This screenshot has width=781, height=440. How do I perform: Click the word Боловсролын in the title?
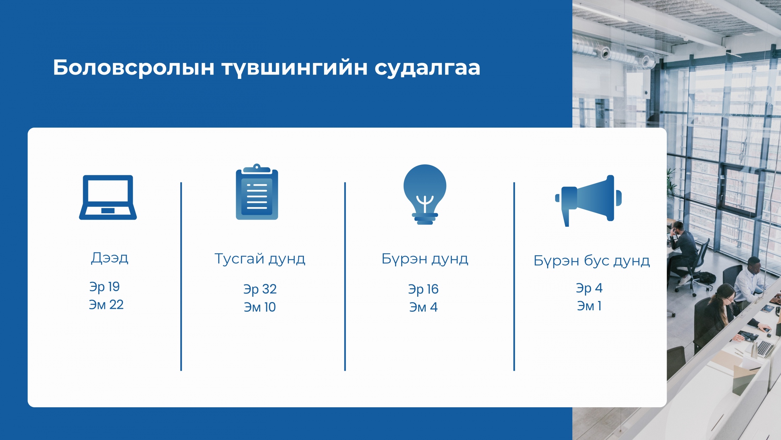(134, 68)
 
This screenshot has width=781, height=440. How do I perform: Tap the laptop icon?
(108, 197)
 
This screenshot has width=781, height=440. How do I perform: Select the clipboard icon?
(257, 192)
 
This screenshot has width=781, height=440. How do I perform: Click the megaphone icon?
(588, 200)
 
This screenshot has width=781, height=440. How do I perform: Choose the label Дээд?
(109, 258)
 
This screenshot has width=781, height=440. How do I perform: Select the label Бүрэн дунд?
(425, 259)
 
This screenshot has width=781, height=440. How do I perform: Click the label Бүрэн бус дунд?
(592, 261)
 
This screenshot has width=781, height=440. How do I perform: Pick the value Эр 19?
(104, 287)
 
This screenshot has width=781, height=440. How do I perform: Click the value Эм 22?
(106, 305)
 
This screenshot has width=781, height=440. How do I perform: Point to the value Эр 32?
(260, 289)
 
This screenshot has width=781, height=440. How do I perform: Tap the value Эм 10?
(260, 307)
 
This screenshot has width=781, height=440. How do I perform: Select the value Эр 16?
(423, 289)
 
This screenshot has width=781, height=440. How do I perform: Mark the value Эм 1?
(589, 306)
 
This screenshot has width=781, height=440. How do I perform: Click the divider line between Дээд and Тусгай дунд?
(181, 277)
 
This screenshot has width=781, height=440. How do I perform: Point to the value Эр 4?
(589, 288)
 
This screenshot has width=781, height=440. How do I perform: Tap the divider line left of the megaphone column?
(514, 277)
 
